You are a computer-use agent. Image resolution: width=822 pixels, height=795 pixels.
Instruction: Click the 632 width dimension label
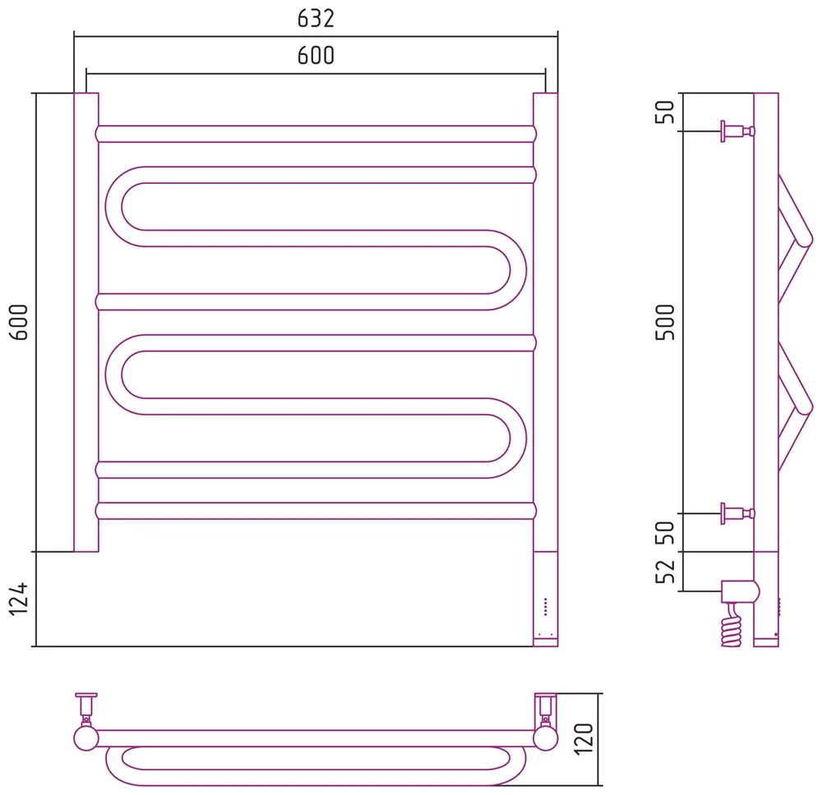coord(316,18)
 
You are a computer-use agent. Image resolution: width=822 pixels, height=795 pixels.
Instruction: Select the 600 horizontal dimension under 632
coord(316,56)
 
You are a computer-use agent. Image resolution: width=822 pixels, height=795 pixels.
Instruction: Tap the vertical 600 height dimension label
coord(19,322)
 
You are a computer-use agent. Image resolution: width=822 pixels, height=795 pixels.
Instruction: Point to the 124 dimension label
coord(19,598)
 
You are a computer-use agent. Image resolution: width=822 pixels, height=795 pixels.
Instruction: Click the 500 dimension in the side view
coord(665,322)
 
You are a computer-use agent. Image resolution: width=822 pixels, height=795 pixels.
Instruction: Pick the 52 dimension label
coord(665,572)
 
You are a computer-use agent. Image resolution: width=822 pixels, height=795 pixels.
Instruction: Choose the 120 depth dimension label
coord(584,739)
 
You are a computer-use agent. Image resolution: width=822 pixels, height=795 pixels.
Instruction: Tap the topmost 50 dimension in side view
coord(665,112)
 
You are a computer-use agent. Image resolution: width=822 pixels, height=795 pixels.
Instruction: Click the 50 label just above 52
coord(665,533)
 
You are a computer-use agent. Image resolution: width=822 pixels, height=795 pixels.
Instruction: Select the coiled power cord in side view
coord(732,627)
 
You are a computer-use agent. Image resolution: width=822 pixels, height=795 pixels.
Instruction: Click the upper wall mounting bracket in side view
coord(737,131)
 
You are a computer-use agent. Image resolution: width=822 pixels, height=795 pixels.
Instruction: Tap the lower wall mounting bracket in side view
coord(737,513)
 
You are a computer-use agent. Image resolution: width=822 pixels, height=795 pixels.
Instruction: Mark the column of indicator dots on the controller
coord(545,606)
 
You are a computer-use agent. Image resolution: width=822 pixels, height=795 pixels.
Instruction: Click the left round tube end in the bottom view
coord(86,738)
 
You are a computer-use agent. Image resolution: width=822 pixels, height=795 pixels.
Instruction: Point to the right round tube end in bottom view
coord(545,738)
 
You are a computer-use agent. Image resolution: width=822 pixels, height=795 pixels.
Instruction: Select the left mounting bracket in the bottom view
coord(86,708)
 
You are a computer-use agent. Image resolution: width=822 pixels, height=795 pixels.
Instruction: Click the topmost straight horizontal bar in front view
coord(316,134)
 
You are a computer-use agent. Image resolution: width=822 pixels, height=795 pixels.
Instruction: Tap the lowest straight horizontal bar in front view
coord(316,511)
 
